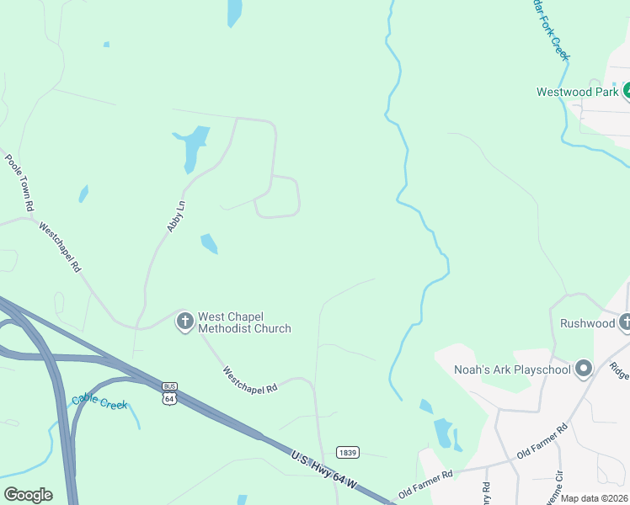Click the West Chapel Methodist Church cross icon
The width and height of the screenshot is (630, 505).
pos(185,321)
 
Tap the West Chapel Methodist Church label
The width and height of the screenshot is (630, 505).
pos(244,323)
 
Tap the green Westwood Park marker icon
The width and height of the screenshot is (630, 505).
pos(627,91)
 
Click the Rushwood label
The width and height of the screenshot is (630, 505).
pos(587,323)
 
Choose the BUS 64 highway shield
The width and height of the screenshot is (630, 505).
pos(169,393)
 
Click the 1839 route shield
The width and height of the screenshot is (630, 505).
pos(348,452)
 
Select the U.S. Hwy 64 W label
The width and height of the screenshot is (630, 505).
pos(325,470)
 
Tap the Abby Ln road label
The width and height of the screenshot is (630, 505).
pos(175,216)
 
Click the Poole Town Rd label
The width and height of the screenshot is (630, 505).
pos(19,181)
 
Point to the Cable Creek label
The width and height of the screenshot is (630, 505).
pos(99,403)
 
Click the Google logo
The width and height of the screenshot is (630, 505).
pos(28,495)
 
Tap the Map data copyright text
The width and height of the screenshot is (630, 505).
pos(594,498)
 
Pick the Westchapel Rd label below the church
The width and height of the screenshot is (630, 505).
pos(250,379)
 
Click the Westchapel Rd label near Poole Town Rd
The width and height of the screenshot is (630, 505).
pos(60,247)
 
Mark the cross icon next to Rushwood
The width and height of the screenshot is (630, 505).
pos(625,322)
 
